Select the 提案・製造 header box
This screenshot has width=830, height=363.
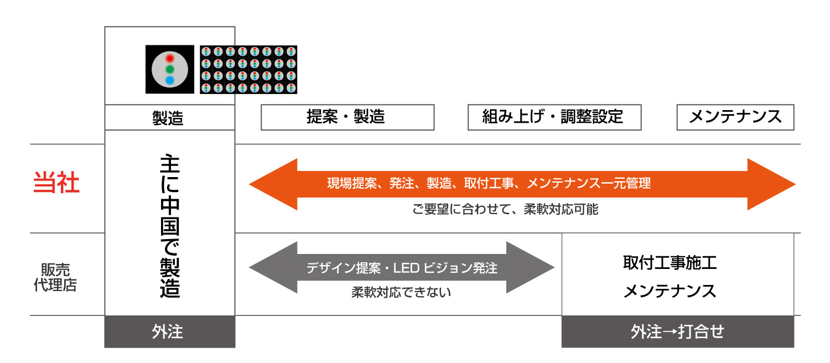(x=347, y=117)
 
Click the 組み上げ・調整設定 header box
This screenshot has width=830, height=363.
(x=554, y=117)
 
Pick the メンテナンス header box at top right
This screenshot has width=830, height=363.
(x=735, y=117)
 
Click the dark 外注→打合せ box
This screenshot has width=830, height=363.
(x=677, y=331)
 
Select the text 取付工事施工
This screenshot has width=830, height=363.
(x=670, y=262)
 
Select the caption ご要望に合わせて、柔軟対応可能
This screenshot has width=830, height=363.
(x=505, y=210)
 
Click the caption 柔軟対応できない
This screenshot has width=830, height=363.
(x=401, y=292)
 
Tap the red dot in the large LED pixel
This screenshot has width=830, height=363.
(x=170, y=58)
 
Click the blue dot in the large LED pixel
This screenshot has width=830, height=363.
(x=170, y=81)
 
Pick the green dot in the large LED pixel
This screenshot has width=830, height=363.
(x=170, y=70)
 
